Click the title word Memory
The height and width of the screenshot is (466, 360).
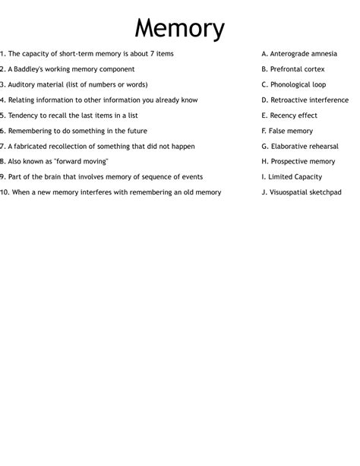point(180,29)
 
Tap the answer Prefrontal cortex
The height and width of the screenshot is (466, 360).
point(293,69)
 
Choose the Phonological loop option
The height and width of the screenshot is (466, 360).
point(293,84)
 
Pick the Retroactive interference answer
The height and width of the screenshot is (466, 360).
point(305,100)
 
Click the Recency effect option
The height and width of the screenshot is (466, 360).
point(289,116)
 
